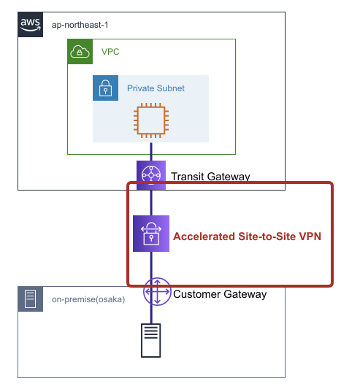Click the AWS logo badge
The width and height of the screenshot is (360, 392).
pos(30,25)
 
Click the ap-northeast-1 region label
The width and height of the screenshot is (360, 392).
pos(80,25)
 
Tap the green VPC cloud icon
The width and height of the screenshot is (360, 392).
pos(80,52)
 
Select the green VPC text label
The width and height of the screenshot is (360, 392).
pos(110,52)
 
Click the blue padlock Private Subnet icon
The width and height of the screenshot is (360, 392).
pos(105,88)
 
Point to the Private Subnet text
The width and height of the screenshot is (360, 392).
pos(156,88)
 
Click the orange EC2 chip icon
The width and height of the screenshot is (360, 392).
pos(151,120)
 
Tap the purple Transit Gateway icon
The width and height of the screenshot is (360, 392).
pos(151,175)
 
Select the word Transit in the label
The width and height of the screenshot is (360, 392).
pos(188,177)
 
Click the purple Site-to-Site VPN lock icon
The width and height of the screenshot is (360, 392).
pos(151,234)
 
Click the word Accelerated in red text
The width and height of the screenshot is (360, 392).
pos(204,237)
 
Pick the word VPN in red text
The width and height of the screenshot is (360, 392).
pos(310,237)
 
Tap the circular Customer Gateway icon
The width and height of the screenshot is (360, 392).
pos(157,291)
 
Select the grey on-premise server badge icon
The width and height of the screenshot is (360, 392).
pos(30,299)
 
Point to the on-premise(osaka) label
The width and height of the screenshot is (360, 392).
pos(88,299)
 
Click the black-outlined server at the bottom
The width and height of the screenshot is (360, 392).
pos(151,340)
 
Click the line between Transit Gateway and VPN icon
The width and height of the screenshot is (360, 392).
pos(151,203)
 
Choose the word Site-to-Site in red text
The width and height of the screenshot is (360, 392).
pos(267,237)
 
